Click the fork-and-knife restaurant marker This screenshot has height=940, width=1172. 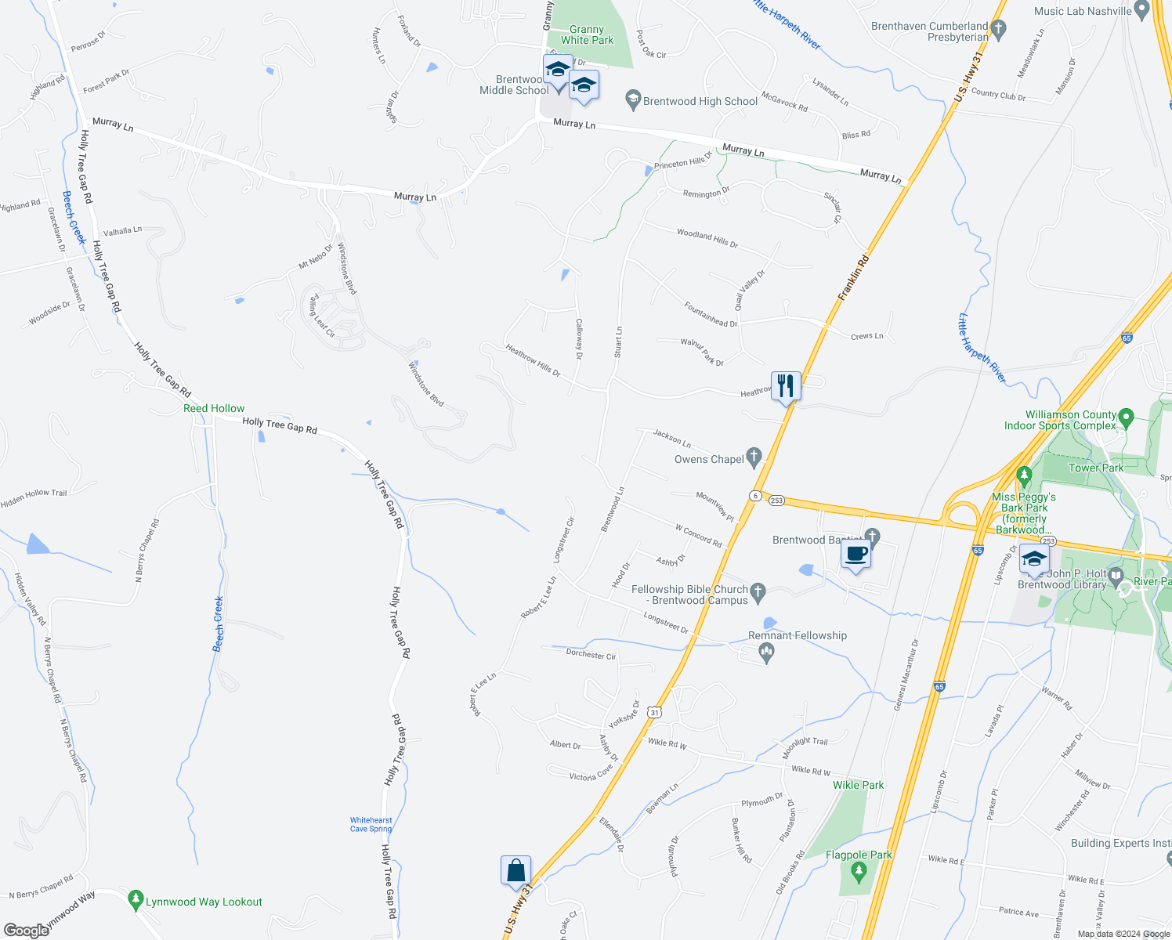coord(786,386)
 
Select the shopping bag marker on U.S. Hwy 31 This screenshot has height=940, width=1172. coord(516,870)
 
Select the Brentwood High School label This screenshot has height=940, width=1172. coord(700,101)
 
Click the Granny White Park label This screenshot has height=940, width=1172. coord(587,35)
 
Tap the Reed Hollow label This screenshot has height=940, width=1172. coord(214,408)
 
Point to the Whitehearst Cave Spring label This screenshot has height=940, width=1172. coord(371,824)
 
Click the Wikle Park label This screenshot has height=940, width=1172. coord(858,785)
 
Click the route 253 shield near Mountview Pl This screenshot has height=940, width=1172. coord(776,501)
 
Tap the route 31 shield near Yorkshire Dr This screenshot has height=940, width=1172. coord(655,712)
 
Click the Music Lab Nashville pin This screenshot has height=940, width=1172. coord(1142,10)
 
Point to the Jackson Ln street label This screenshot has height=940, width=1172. coord(672,438)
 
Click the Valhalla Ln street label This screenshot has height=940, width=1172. coord(122,231)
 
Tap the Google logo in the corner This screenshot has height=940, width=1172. coord(26,931)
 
